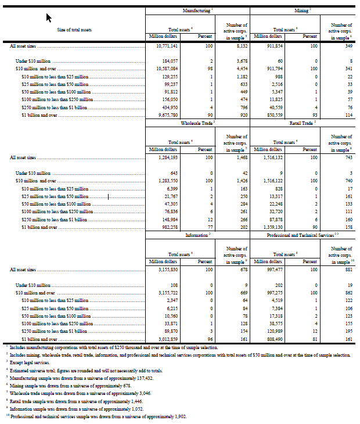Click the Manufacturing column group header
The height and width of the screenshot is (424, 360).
197,11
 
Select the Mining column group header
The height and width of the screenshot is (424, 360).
301,11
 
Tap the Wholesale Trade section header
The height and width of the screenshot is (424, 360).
197,123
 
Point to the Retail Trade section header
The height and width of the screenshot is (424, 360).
301,123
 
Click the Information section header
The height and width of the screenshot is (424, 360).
197,235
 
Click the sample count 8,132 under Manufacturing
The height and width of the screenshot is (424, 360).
240,45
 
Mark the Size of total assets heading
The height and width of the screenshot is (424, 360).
74,29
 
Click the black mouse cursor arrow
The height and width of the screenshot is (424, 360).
51,18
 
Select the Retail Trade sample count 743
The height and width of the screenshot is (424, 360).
346,157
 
